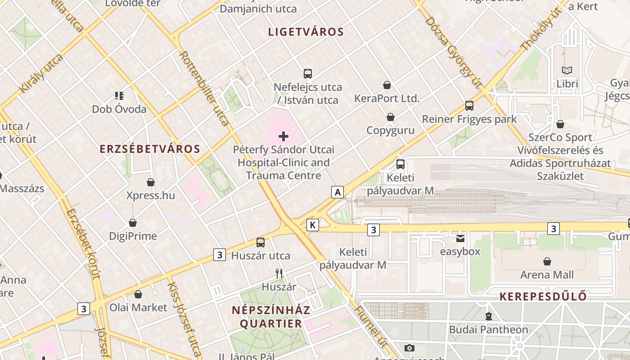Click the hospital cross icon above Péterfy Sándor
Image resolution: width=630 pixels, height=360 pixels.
pyautogui.click(x=283, y=136)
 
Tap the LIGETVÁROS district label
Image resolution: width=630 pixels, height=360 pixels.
pyautogui.click(x=306, y=32)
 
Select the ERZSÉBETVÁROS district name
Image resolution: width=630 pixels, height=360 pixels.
pyautogui.click(x=150, y=149)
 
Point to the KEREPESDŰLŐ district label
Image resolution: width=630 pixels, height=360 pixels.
pyautogui.click(x=543, y=297)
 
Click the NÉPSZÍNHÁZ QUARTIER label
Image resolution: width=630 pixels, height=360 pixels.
pyautogui.click(x=271, y=317)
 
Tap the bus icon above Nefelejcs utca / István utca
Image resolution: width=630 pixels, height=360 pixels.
pyautogui.click(x=308, y=74)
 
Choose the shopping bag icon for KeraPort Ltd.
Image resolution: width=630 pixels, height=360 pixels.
pyautogui.click(x=387, y=85)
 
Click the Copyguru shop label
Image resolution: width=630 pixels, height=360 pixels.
pyautogui.click(x=390, y=130)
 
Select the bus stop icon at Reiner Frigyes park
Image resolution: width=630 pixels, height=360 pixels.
pyautogui.click(x=469, y=106)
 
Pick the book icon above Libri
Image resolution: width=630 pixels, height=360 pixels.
pyautogui.click(x=567, y=71)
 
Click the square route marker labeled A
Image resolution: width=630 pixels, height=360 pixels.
pyautogui.click(x=337, y=193)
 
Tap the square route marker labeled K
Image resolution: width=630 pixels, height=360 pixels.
pyautogui.click(x=313, y=225)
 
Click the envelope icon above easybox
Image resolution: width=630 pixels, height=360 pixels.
pyautogui.click(x=460, y=238)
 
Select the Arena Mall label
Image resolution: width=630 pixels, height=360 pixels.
pyautogui.click(x=547, y=274)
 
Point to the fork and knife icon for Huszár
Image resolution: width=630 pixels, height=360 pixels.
pyautogui.click(x=279, y=273)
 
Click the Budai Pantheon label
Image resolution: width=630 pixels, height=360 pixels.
pyautogui.click(x=488, y=330)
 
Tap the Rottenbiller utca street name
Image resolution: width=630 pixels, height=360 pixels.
pyautogui.click(x=205, y=87)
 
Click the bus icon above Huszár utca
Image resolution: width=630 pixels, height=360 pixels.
pyautogui.click(x=261, y=243)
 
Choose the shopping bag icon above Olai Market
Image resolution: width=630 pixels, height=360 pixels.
pyautogui.click(x=138, y=294)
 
